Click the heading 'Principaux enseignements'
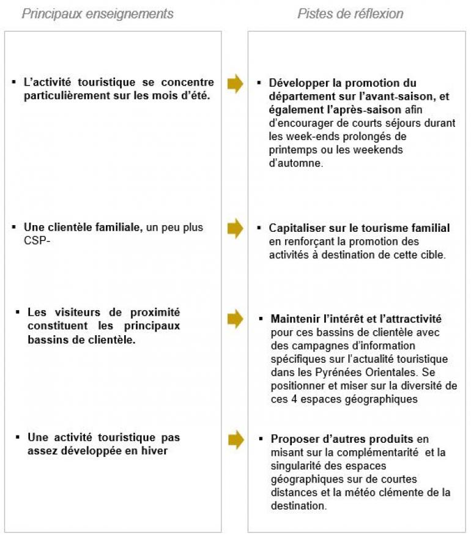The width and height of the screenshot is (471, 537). (97, 13)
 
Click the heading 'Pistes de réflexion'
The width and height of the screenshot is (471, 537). (350, 13)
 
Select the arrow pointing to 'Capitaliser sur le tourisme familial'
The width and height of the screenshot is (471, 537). (235, 229)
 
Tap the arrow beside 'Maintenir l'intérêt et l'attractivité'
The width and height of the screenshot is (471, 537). (235, 318)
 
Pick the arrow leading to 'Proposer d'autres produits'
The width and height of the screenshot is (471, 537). (235, 439)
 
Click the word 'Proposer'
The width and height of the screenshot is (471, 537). (294, 439)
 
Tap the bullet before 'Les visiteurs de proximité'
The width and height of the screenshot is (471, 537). (18, 313)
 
